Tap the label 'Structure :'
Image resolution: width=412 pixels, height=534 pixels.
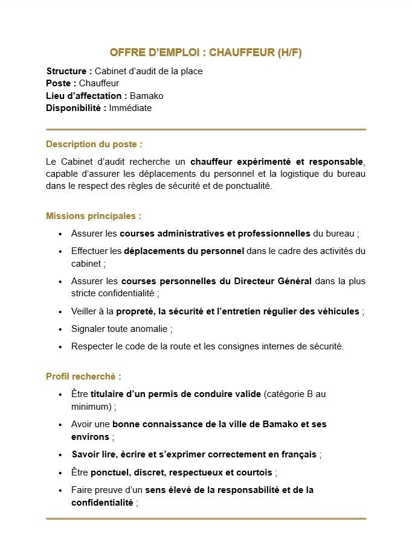[x=69, y=71]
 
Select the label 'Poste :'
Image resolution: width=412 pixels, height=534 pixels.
[x=61, y=83]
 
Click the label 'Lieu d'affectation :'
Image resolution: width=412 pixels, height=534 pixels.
[x=86, y=96]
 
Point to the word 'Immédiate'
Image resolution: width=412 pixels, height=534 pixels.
[x=130, y=108]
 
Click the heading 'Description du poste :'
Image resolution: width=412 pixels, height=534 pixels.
[x=94, y=144]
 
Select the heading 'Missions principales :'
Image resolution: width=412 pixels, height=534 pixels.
[x=94, y=215]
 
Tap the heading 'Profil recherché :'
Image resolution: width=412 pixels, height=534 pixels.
[x=83, y=377]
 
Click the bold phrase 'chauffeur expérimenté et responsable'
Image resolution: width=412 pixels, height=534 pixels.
[x=277, y=162]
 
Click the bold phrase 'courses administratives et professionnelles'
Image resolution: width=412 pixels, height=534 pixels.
[x=214, y=233]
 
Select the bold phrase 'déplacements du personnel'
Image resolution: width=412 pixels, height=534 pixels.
[x=184, y=251]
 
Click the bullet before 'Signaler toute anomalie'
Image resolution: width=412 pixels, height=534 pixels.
[x=60, y=329]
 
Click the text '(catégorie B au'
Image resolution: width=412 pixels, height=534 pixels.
[x=295, y=394]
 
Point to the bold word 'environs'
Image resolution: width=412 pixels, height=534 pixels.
[x=90, y=436]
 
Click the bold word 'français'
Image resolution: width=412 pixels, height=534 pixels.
[x=298, y=454]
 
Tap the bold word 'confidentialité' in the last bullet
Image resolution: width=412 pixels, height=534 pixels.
[x=102, y=502]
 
